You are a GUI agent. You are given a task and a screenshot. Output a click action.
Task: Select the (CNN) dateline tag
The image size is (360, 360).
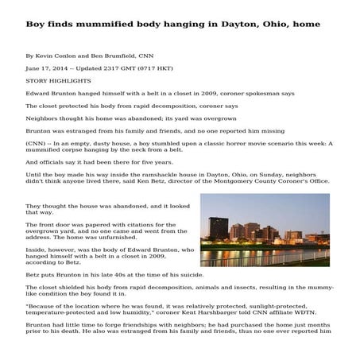(37, 143)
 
